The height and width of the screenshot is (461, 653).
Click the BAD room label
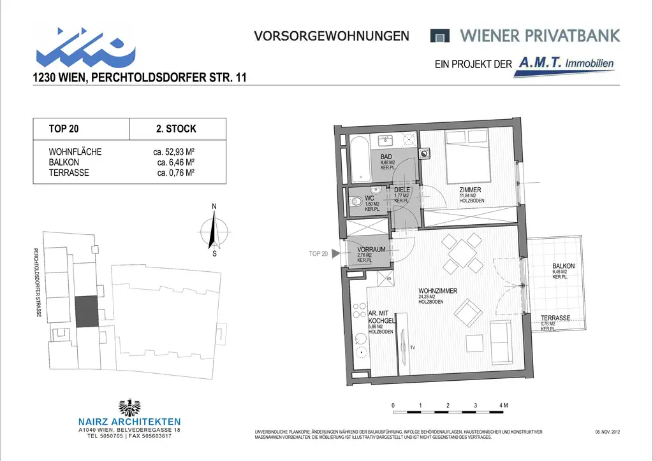pyautogui.click(x=386, y=157)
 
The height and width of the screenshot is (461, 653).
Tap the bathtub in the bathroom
pyautogui.click(x=360, y=159)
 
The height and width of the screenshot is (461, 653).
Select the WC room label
pyautogui.click(x=369, y=198)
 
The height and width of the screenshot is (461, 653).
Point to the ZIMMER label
pyautogui.click(x=471, y=190)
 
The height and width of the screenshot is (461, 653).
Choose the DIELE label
pyautogui.click(x=402, y=190)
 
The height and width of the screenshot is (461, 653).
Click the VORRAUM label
pyautogui.click(x=371, y=250)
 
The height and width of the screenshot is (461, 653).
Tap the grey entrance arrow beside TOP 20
pyautogui.click(x=335, y=253)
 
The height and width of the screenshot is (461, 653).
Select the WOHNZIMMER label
pyautogui.click(x=437, y=291)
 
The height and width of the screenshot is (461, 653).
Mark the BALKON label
pyautogui.click(x=564, y=266)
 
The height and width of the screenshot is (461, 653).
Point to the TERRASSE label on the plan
pyautogui.click(x=555, y=318)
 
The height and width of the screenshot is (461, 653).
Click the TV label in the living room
pyautogui.click(x=413, y=348)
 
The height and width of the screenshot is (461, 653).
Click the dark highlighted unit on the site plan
pyautogui.click(x=87, y=312)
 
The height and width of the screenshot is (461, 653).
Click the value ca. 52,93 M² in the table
pyautogui.click(x=169, y=152)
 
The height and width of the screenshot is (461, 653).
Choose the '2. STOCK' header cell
pyautogui.click(x=176, y=129)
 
